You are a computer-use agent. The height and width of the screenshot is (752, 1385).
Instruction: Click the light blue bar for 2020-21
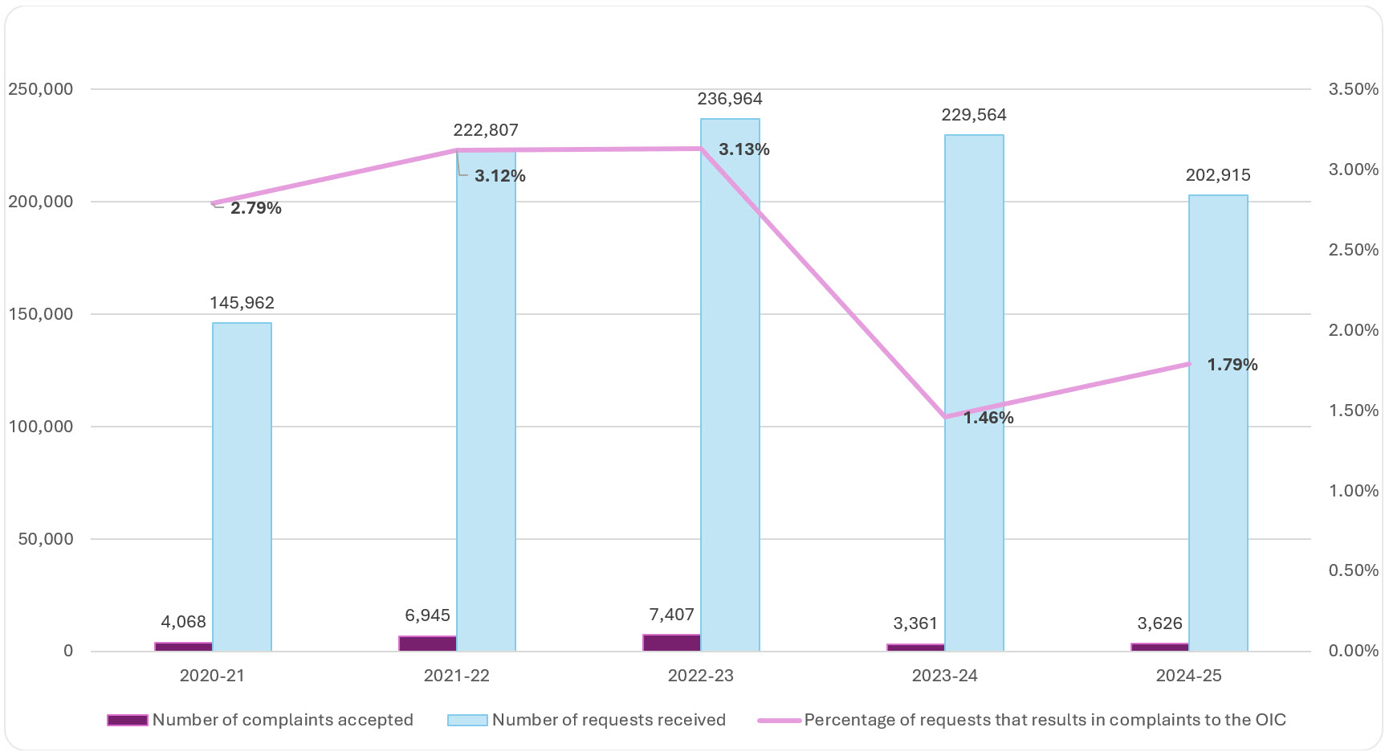(x=242, y=486)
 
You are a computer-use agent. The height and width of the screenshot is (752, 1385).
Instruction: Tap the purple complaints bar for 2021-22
(x=427, y=644)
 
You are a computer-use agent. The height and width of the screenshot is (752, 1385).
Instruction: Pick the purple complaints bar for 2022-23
(x=671, y=643)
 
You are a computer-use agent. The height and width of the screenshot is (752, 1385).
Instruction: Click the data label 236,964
(x=730, y=99)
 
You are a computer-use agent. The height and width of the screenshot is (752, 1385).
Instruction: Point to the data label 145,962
(x=242, y=303)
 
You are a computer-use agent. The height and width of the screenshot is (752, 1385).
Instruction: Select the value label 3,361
(x=915, y=623)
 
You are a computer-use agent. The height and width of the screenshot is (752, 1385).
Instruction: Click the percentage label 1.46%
(x=988, y=418)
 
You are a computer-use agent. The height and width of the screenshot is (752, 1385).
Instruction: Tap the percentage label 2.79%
(x=255, y=208)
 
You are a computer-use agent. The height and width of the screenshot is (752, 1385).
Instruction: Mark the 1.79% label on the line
(x=1232, y=365)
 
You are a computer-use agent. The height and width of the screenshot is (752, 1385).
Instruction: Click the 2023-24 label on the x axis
(x=944, y=676)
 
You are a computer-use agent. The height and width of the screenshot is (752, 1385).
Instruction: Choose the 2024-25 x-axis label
(x=1188, y=676)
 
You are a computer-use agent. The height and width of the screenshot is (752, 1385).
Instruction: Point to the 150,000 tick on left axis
(x=41, y=314)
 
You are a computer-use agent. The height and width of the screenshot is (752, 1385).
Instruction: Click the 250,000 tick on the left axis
(x=41, y=89)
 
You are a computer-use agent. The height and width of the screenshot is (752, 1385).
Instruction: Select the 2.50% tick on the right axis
(x=1353, y=250)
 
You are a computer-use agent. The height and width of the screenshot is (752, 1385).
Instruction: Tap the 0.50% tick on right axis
(x=1353, y=570)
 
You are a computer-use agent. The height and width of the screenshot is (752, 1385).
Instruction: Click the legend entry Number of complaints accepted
(x=283, y=720)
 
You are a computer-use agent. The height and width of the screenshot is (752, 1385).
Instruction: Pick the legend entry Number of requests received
(x=608, y=720)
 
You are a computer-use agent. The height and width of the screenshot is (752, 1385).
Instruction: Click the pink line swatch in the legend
(x=779, y=721)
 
